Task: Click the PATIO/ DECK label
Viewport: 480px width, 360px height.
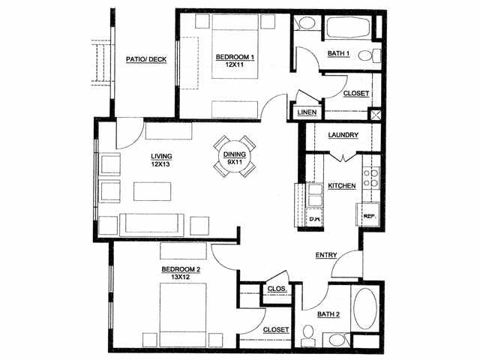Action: [x=146, y=59]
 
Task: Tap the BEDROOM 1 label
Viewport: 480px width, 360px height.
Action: [x=235, y=57]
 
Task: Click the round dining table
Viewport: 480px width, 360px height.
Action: [x=235, y=157]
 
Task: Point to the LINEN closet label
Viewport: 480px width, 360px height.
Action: [x=307, y=112]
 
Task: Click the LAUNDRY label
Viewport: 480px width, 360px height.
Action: [x=343, y=135]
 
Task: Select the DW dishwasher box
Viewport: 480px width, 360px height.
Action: [x=315, y=218]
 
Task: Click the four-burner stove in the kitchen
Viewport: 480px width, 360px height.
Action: [x=371, y=178]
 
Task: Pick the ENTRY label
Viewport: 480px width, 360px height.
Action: [x=326, y=255]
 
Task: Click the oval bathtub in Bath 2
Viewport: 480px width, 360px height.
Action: [x=365, y=308]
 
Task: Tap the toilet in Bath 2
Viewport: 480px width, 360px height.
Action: [x=307, y=336]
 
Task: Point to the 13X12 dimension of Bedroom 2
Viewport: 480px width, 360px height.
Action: [x=181, y=277]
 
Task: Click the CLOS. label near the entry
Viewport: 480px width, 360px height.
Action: [x=277, y=289]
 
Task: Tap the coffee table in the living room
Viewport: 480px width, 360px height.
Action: [x=152, y=192]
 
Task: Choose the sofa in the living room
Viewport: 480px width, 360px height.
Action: [x=151, y=225]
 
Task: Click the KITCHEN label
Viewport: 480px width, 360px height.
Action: [x=342, y=186]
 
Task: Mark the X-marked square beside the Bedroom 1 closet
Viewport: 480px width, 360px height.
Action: [x=375, y=115]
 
